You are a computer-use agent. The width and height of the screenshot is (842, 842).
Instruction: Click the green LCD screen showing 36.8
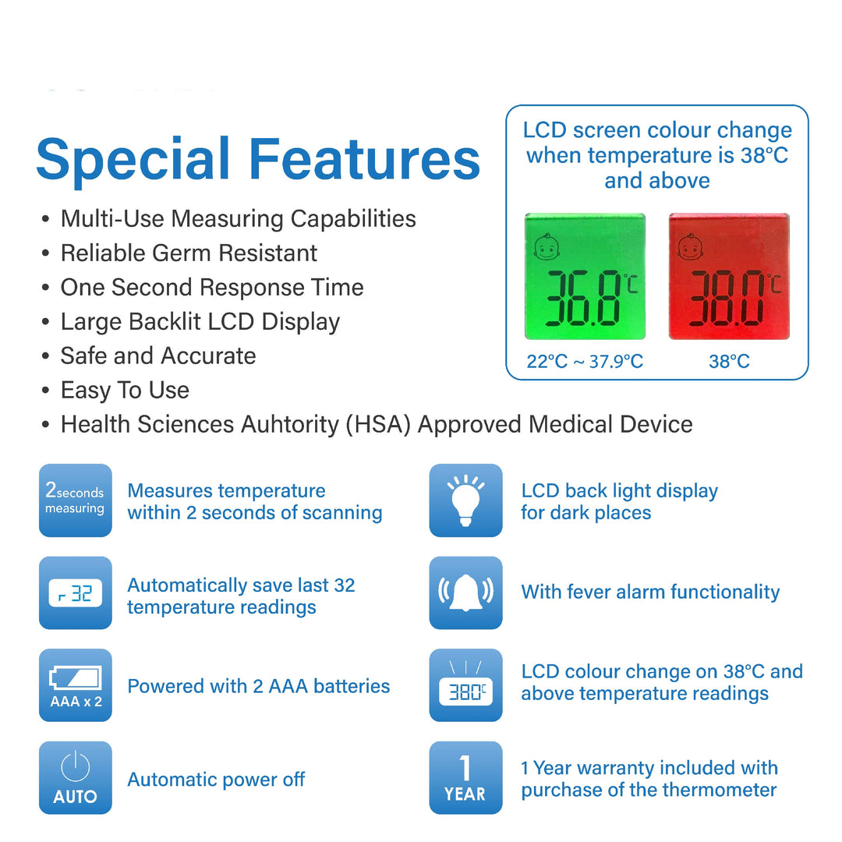(585, 276)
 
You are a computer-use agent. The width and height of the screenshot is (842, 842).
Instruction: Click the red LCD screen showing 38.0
(729, 276)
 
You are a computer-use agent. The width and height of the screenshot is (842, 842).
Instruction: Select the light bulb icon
(465, 500)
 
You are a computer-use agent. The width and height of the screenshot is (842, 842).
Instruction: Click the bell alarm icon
(465, 593)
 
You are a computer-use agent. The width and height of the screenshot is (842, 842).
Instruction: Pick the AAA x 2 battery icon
(76, 685)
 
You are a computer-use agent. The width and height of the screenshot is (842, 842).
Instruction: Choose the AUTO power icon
(76, 778)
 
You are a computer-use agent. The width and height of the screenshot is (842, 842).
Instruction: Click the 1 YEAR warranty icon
(465, 778)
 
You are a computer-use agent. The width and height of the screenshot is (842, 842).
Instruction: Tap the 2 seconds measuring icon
(76, 500)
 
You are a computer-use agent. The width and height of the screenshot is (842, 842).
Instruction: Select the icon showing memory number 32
(76, 593)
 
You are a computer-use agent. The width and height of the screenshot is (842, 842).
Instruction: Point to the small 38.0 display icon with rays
(465, 685)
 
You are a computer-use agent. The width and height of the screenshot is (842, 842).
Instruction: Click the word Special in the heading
(133, 160)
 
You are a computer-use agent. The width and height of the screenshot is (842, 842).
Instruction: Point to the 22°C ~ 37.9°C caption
(585, 362)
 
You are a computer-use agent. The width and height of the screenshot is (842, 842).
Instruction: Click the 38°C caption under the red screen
(729, 362)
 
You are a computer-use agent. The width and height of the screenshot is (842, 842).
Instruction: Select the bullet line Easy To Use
(125, 390)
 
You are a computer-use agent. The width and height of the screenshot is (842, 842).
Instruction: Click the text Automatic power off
(216, 779)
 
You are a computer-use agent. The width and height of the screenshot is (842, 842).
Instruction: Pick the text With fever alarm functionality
(650, 593)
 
